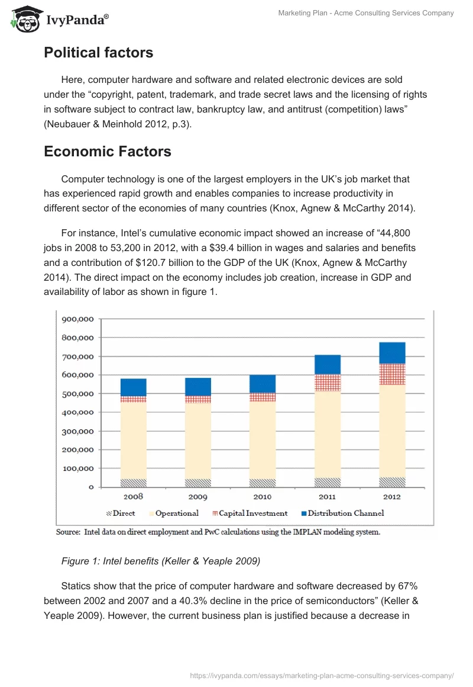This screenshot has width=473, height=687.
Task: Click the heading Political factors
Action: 98,53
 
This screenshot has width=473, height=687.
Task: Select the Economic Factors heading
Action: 107,152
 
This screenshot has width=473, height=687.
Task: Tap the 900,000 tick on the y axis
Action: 77,319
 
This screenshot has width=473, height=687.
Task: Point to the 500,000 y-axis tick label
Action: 77,394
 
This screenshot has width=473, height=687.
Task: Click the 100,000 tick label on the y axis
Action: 77,468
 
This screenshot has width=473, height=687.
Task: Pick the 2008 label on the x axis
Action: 133,497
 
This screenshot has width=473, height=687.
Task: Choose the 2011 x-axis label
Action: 327,497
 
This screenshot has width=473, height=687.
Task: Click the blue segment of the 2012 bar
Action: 392,352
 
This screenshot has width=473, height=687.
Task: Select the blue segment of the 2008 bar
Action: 133,387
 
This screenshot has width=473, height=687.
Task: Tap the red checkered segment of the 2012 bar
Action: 392,374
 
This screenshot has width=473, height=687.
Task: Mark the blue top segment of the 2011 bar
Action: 327,364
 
